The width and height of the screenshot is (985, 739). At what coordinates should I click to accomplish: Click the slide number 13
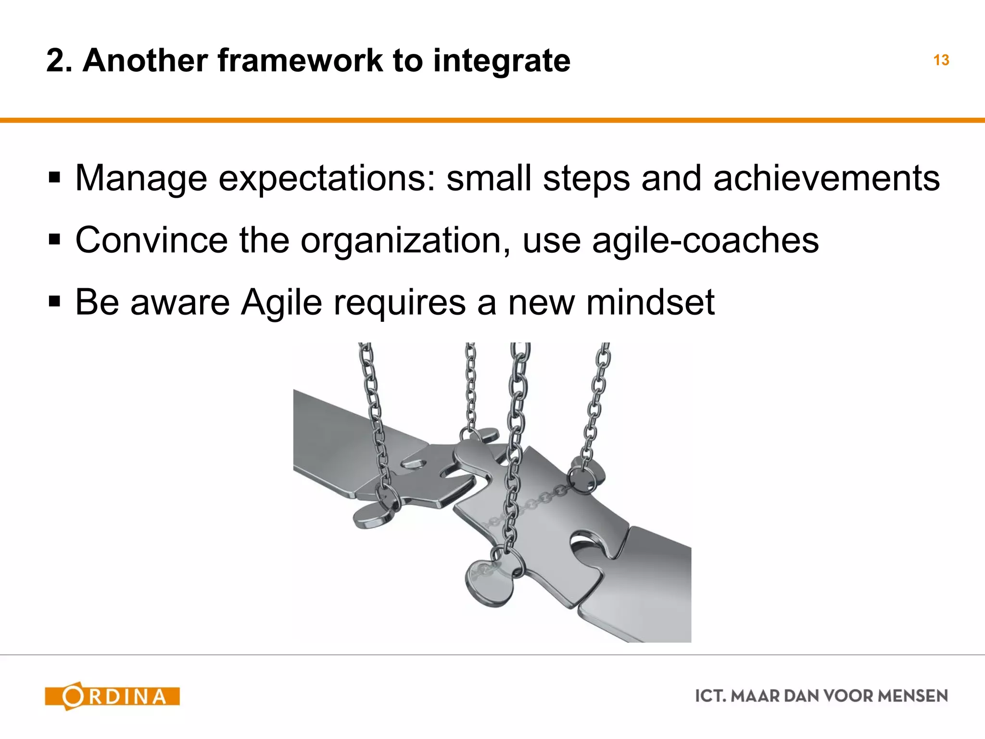(x=941, y=61)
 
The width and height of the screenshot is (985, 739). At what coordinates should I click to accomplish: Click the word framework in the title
(x=300, y=61)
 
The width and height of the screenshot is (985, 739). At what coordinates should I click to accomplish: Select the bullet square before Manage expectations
(x=54, y=178)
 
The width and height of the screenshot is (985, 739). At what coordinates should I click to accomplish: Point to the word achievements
(x=826, y=178)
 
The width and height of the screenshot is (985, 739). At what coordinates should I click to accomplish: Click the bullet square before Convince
(x=54, y=240)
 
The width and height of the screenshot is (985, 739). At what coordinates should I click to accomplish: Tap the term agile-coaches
(x=705, y=240)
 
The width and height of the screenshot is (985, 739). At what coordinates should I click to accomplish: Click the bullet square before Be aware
(x=54, y=302)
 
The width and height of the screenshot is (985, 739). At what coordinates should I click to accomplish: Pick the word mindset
(x=650, y=302)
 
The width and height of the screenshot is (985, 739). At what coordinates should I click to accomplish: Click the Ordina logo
(x=112, y=696)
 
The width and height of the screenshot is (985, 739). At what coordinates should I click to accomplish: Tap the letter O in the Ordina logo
(x=73, y=696)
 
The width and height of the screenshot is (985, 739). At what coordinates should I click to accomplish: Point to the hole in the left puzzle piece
(x=413, y=464)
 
